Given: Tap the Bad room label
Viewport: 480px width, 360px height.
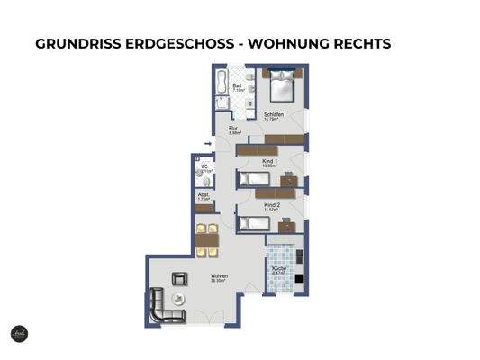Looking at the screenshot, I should pyautogui.click(x=237, y=87).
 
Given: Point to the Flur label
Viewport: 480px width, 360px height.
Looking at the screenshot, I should pyautogui.click(x=232, y=130).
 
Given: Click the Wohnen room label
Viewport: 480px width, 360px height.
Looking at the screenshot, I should pyautogui.click(x=219, y=276).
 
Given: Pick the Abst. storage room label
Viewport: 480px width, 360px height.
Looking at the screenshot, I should pyautogui.click(x=204, y=196).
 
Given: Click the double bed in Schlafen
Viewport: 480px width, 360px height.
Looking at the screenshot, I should pyautogui.click(x=279, y=88).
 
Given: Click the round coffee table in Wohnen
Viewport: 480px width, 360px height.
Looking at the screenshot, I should pyautogui.click(x=177, y=298).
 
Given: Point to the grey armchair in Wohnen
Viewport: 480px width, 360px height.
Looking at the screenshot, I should pyautogui.click(x=178, y=278).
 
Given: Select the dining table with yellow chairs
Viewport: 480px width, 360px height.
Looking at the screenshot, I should pyautogui.click(x=206, y=240).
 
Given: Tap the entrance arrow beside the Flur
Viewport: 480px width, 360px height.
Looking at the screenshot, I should pyautogui.click(x=209, y=141).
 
